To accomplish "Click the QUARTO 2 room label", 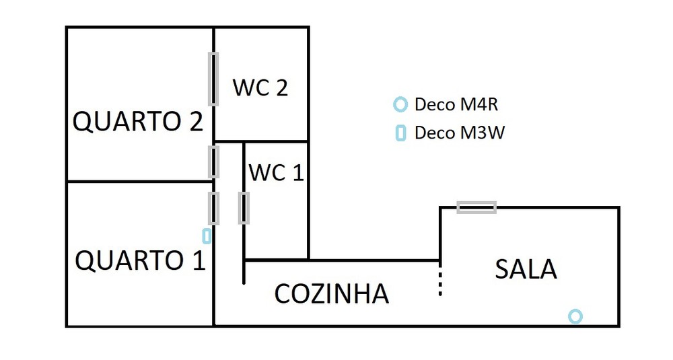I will pos(137,122).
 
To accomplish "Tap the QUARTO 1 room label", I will pos(140,260).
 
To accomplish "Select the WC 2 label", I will pos(260,87).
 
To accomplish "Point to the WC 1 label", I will pos(276,173).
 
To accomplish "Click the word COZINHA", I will pos(332,293).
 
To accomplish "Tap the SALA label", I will pos(526,269).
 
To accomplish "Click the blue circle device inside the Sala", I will pos(575,316).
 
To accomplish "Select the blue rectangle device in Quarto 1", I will pos(207,236).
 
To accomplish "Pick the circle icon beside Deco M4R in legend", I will pos(400,104).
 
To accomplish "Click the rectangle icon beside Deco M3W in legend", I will pos(400,133).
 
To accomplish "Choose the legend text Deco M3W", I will pos(459,133).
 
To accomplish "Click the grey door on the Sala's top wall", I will pos(476,207).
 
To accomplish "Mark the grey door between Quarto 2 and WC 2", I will pos(213,79).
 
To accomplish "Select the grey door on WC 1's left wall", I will pos(244,208).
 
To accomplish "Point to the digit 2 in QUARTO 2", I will pos(194,122).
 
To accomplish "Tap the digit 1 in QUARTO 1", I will pos(198,260).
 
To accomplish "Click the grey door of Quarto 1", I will pos(213,208).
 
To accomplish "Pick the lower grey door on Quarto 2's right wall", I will pos(213,161).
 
